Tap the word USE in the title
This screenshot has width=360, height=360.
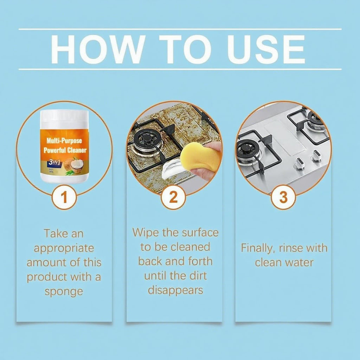pos(265,49)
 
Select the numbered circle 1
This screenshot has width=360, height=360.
pos(64,198)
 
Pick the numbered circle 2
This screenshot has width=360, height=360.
pos(173,198)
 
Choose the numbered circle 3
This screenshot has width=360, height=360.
pos(283,198)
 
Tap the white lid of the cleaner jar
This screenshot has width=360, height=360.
pos(64,116)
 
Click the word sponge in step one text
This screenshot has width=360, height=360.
pos(64,291)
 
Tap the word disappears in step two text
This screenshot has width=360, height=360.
pos(175,290)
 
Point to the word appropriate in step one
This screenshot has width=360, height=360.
pos(64,248)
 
